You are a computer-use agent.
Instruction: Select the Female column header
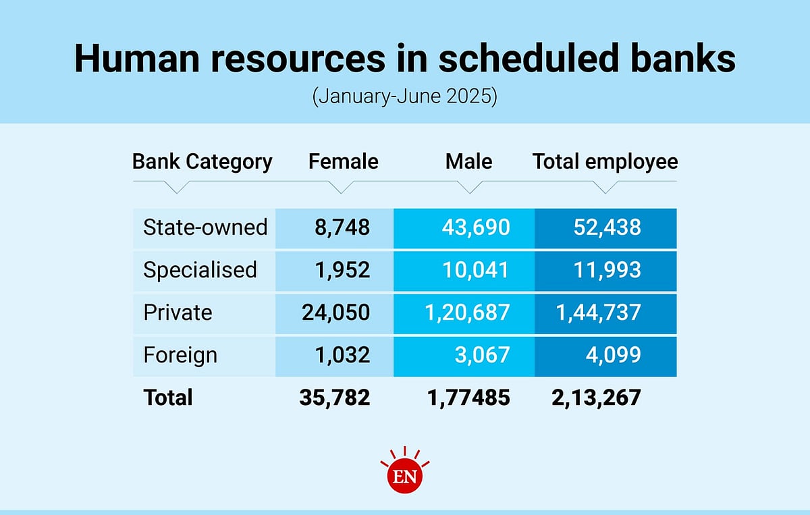pyautogui.click(x=343, y=162)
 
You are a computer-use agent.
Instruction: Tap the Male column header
pyautogui.click(x=468, y=162)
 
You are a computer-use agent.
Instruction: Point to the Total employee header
pyautogui.click(x=605, y=162)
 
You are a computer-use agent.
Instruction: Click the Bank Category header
pyautogui.click(x=202, y=162)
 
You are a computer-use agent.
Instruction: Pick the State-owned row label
pyautogui.click(x=205, y=227)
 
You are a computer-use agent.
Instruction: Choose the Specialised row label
pyautogui.click(x=200, y=270)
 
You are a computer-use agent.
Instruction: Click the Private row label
pyautogui.click(x=178, y=313)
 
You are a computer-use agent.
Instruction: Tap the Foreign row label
pyautogui.click(x=180, y=355)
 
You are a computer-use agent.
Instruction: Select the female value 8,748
pyautogui.click(x=342, y=227)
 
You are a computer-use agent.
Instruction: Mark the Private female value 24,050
pyautogui.click(x=335, y=313)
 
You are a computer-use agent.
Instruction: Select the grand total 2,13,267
pyautogui.click(x=596, y=398)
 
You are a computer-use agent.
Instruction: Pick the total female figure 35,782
pyautogui.click(x=335, y=398)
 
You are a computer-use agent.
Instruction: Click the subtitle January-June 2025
pyautogui.click(x=404, y=96)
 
